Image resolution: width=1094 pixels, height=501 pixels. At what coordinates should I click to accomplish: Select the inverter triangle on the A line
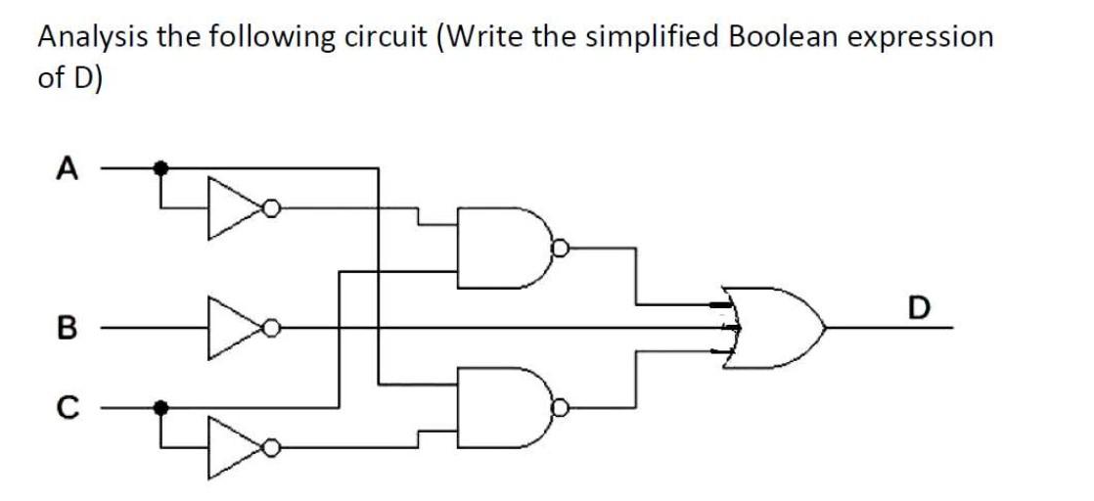(233, 207)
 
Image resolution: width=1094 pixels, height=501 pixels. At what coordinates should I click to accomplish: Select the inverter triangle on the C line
(233, 445)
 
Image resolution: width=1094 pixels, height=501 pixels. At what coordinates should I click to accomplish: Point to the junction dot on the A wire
(163, 169)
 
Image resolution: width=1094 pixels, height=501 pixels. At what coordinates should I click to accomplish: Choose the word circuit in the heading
(387, 37)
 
